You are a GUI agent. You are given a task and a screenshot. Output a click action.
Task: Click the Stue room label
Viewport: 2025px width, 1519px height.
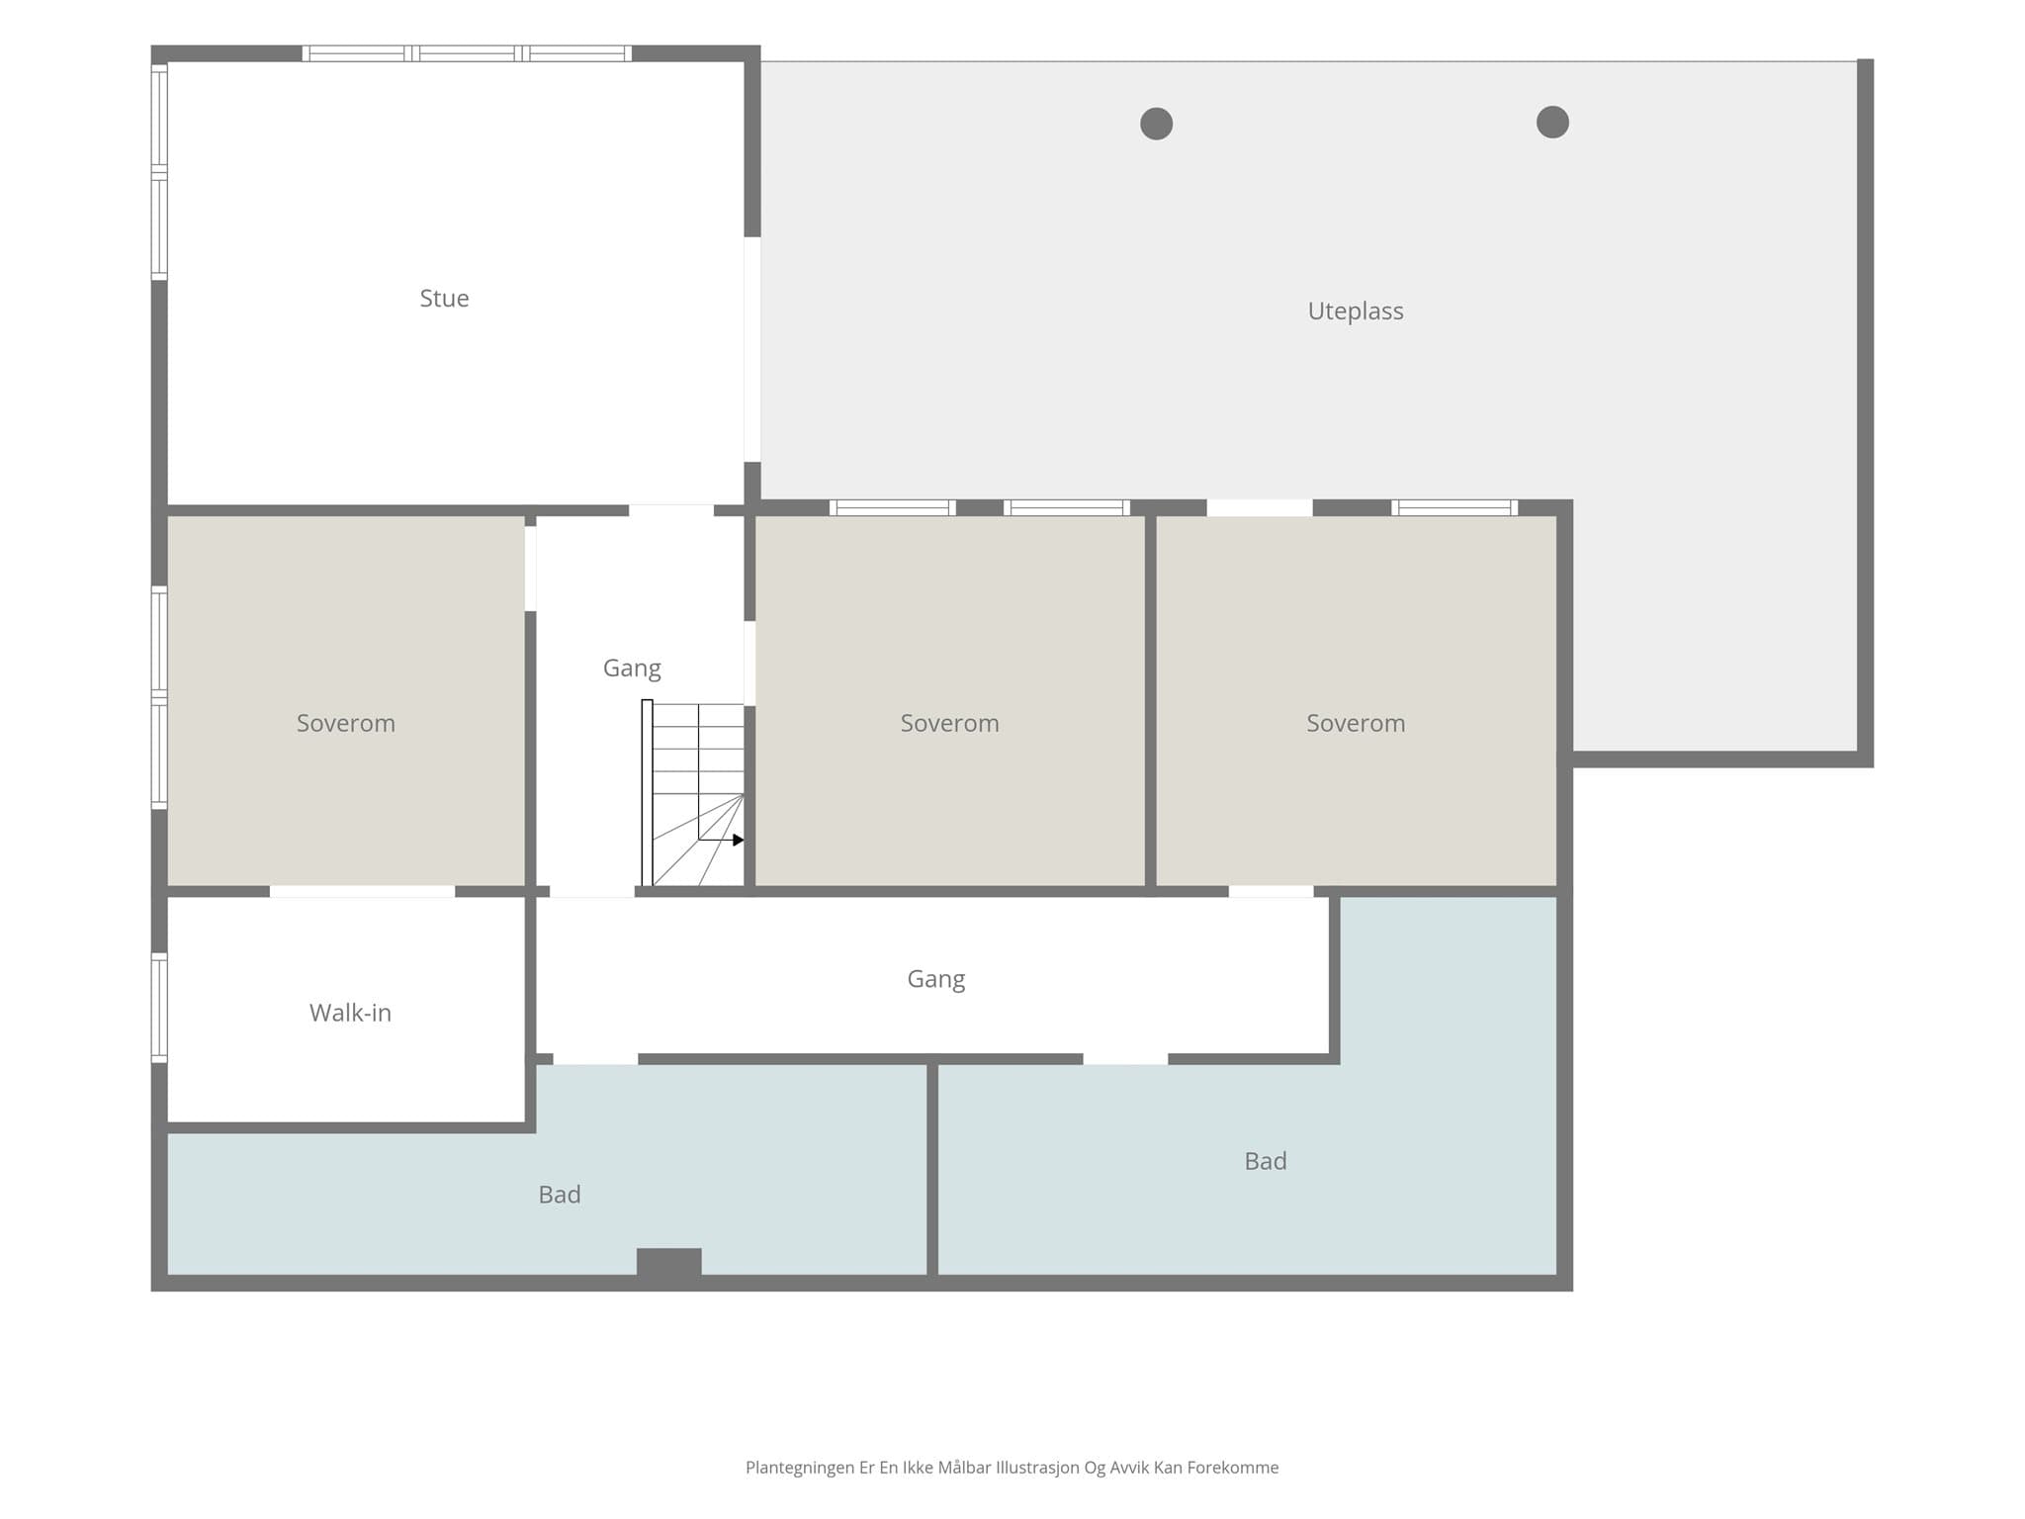444,299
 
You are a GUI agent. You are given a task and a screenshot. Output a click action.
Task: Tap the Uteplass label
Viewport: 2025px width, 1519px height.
1356,312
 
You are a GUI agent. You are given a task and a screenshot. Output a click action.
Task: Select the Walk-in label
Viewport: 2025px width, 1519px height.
350,1013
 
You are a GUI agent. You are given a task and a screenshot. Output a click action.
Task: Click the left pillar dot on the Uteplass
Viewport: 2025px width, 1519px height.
1156,124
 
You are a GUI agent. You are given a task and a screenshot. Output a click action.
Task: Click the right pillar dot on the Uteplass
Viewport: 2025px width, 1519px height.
1552,122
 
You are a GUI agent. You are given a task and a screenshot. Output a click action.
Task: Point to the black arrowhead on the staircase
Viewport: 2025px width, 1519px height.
738,840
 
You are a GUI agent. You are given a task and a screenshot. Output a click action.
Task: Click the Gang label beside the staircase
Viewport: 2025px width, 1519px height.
632,669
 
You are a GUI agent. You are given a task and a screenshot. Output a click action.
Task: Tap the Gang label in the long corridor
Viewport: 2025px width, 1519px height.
936,979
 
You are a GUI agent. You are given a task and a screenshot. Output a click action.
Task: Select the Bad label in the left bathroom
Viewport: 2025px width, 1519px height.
560,1195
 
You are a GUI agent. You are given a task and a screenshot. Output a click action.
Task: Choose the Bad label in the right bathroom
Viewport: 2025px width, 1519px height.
1266,1161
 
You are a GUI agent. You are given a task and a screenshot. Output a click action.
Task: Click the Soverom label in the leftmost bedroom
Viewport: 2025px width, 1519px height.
346,724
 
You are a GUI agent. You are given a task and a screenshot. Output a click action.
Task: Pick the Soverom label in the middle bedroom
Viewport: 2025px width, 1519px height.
949,724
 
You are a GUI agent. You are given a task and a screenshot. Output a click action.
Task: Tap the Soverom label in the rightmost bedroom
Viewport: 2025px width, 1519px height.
1356,724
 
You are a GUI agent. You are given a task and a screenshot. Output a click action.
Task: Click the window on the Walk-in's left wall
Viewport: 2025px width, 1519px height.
159,1008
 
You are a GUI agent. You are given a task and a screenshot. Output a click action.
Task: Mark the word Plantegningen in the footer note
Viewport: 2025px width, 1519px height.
800,1468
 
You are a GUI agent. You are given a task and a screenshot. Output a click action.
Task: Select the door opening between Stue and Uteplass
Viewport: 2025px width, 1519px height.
752,349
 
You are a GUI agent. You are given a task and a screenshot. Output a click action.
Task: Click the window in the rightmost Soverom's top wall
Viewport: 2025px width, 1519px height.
1454,507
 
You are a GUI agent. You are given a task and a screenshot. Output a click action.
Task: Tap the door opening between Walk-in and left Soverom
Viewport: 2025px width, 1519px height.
362,892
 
